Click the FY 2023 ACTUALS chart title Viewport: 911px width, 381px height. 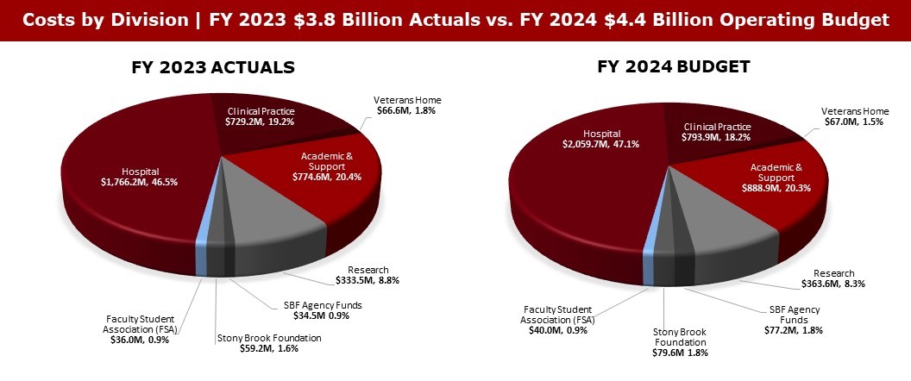212,67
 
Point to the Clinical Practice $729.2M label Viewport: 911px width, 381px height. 261,117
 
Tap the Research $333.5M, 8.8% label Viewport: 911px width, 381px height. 368,275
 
